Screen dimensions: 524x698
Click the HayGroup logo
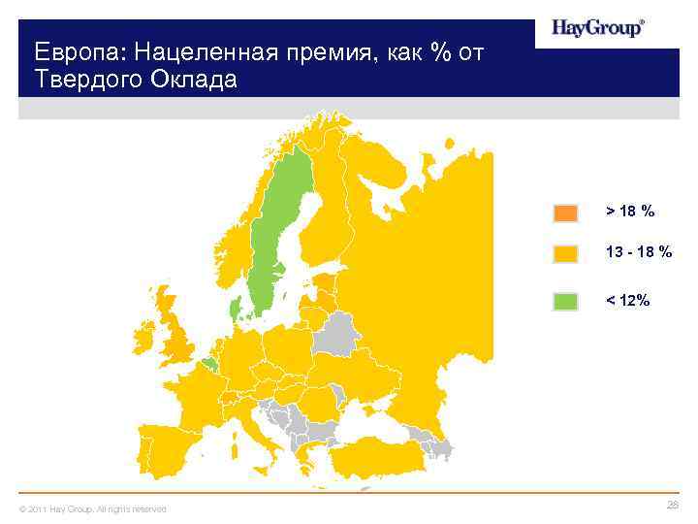597,28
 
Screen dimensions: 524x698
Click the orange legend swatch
565,213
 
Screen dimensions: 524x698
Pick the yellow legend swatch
565,253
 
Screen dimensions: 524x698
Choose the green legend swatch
565,301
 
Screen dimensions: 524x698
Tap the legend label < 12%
628,301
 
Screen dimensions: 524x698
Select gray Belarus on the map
335,332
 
